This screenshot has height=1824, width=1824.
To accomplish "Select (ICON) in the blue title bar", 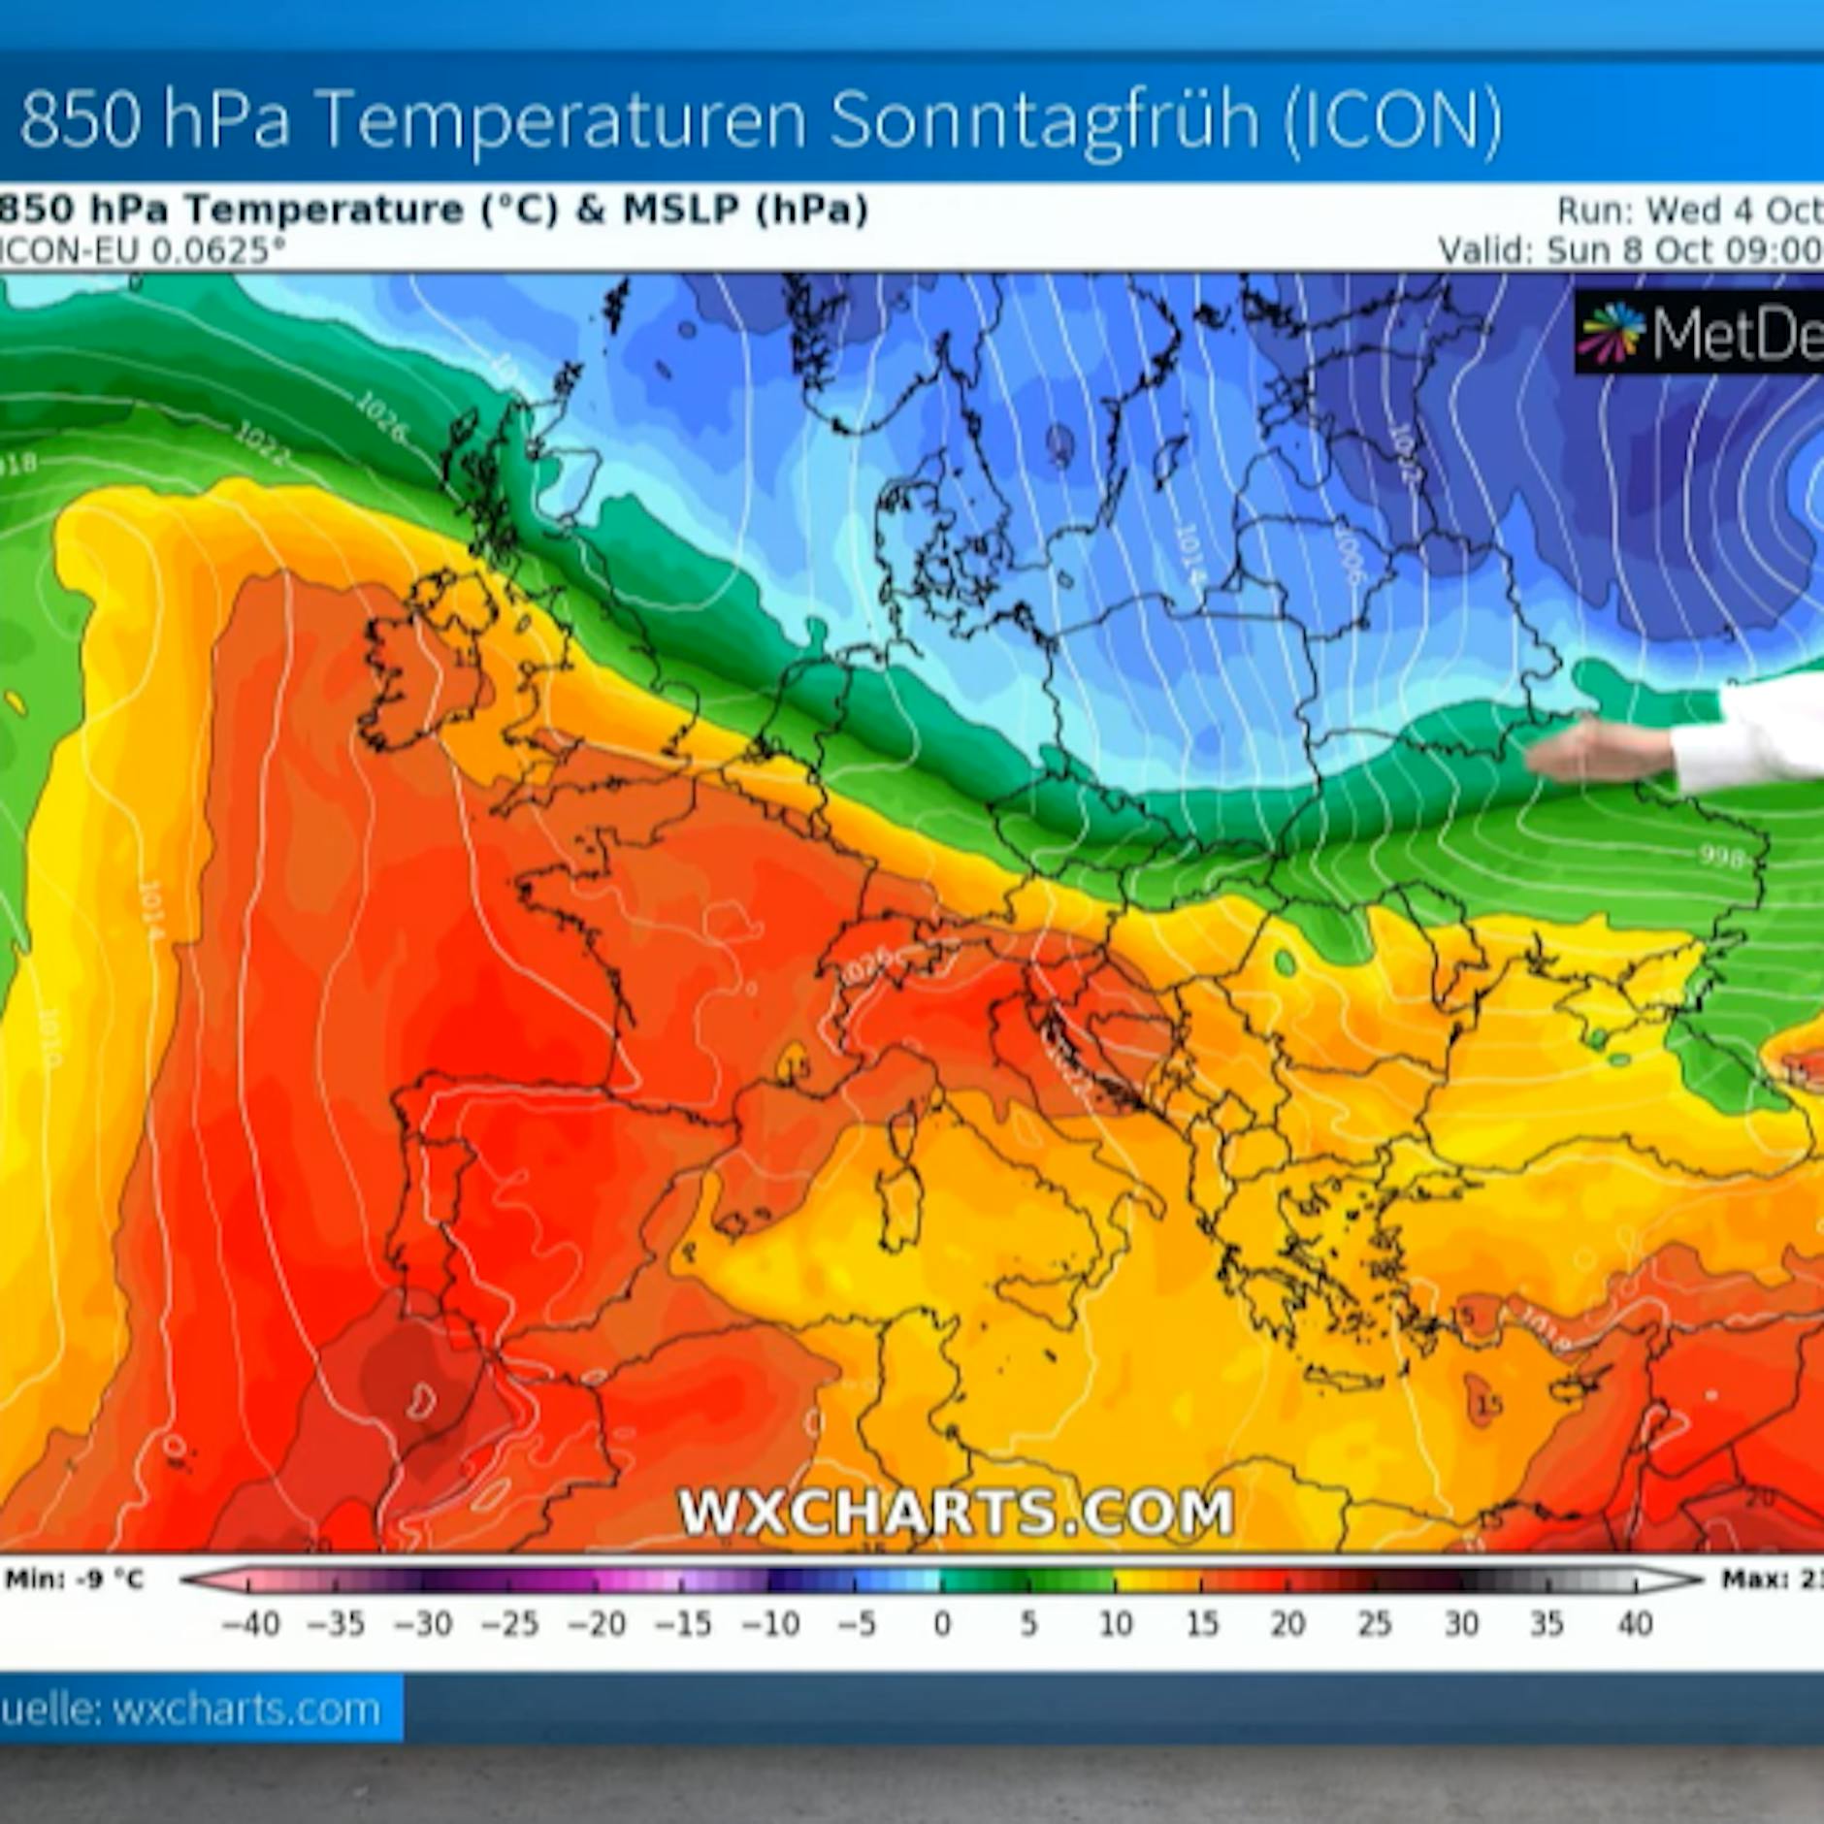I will pyautogui.click(x=1393, y=120).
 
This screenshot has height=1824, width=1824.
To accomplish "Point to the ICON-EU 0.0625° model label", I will pyautogui.click(x=141, y=251).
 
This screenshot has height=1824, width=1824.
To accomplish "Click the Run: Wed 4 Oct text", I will pyautogui.click(x=1688, y=210).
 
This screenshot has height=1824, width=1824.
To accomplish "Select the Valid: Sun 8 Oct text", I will pyautogui.click(x=1630, y=250).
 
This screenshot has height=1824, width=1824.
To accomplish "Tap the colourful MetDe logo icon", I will pyautogui.click(x=1612, y=333).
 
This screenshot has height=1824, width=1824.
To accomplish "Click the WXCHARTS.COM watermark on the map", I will pyautogui.click(x=956, y=1511).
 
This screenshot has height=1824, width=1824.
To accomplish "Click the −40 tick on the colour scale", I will pyautogui.click(x=250, y=1623).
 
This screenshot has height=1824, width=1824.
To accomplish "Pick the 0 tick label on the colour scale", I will pyautogui.click(x=942, y=1623).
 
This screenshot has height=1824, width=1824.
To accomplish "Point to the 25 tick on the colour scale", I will pyautogui.click(x=1374, y=1623).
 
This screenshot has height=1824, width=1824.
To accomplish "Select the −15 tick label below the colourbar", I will pyautogui.click(x=682, y=1623).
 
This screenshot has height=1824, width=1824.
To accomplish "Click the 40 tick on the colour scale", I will pyautogui.click(x=1635, y=1623).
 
